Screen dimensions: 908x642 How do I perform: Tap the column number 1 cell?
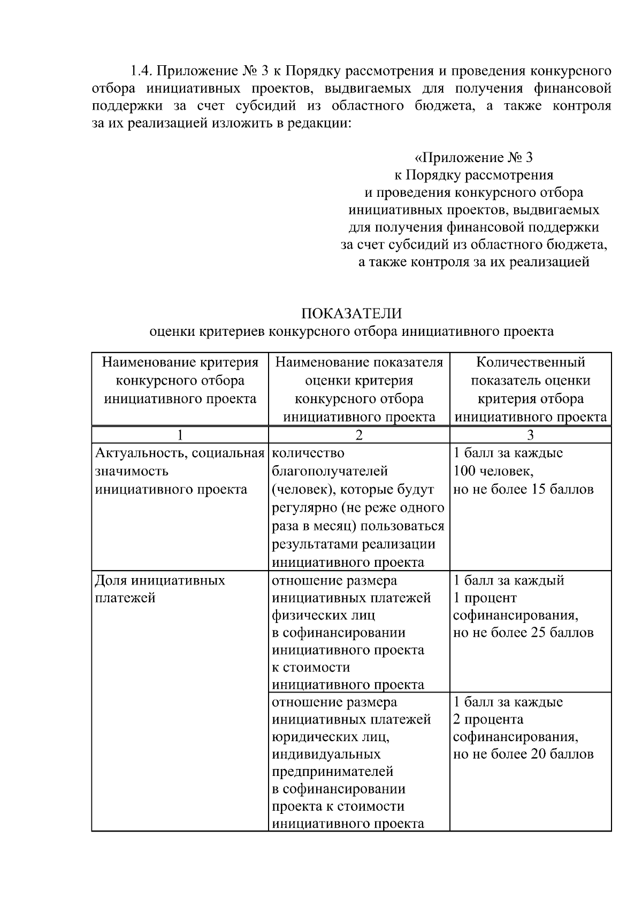tap(180, 435)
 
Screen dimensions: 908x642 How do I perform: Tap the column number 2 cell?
tap(359, 435)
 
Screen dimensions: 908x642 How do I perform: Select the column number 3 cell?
tap(530, 435)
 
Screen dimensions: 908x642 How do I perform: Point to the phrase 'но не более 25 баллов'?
tap(523, 633)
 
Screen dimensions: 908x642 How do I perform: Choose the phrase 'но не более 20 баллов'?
tap(523, 755)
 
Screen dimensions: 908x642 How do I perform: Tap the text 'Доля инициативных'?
tap(160, 580)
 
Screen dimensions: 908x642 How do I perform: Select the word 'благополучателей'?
tap(330, 472)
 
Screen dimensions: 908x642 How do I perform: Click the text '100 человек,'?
tap(493, 472)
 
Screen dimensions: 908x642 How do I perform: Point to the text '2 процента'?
tap(488, 719)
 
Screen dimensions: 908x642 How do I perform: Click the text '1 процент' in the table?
tap(485, 598)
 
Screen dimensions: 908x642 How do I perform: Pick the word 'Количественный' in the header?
tap(530, 363)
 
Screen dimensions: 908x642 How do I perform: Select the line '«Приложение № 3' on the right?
tap(473, 158)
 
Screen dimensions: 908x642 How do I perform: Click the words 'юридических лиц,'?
tap(331, 737)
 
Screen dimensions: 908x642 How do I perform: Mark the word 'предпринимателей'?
tap(332, 772)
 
